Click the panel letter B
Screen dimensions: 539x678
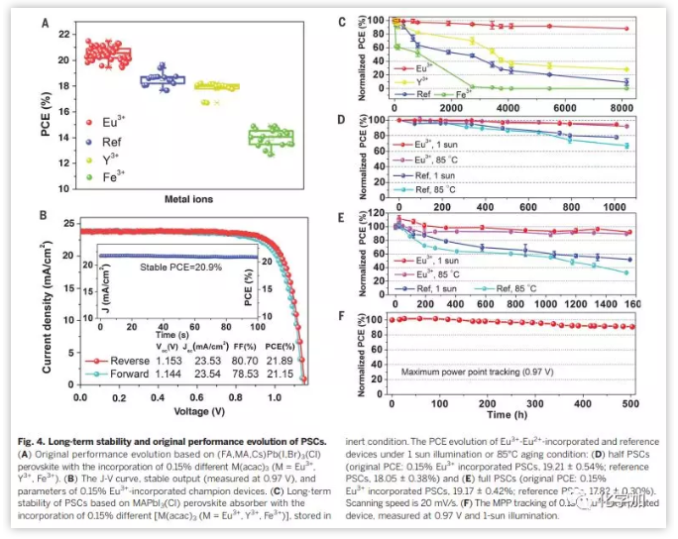tap(44, 216)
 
